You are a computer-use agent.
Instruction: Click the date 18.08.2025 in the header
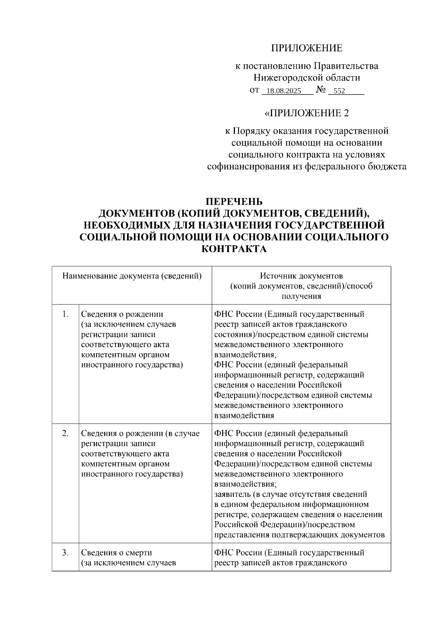[283, 91]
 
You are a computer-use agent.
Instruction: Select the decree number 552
[339, 91]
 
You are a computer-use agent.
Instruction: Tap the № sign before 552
[320, 90]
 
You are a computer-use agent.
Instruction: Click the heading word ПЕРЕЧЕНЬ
[234, 201]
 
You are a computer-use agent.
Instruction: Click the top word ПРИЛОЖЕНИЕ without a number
[307, 48]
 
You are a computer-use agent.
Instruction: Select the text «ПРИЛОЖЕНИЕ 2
[307, 113]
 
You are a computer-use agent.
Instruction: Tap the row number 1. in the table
[66, 314]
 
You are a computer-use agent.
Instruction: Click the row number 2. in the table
[66, 433]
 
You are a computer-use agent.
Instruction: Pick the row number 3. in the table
[66, 552]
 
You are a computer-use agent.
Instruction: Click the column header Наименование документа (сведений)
[132, 276]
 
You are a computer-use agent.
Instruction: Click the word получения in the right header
[301, 296]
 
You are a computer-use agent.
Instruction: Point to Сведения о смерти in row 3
[117, 553]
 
